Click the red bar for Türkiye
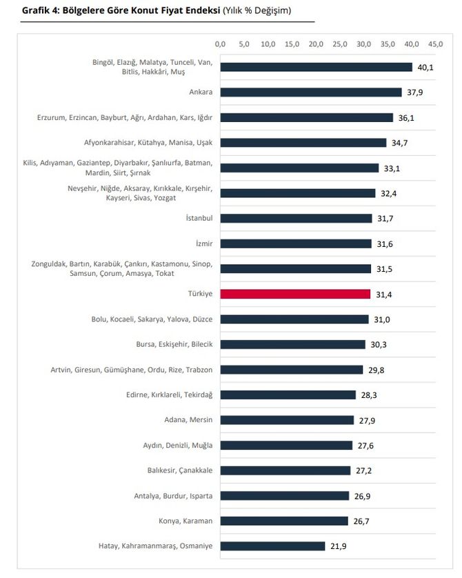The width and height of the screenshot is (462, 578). [x=296, y=294]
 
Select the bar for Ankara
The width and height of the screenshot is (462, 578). [x=311, y=92]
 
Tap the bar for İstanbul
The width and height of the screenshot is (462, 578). [x=297, y=219]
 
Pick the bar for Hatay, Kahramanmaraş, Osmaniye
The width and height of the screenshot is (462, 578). [x=273, y=546]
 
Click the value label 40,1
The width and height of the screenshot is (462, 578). [x=425, y=68]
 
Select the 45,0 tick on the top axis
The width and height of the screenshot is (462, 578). [x=435, y=44]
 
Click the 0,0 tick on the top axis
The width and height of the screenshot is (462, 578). [x=221, y=44]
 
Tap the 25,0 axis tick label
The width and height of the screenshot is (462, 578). [x=340, y=44]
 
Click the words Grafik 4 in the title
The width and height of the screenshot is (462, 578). [x=40, y=11]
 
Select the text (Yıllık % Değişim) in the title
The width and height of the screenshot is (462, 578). [x=257, y=11]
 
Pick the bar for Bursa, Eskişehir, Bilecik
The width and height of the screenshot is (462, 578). [x=293, y=344]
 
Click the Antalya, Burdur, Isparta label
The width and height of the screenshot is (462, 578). [x=173, y=496]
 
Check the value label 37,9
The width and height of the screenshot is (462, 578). [x=414, y=92]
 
